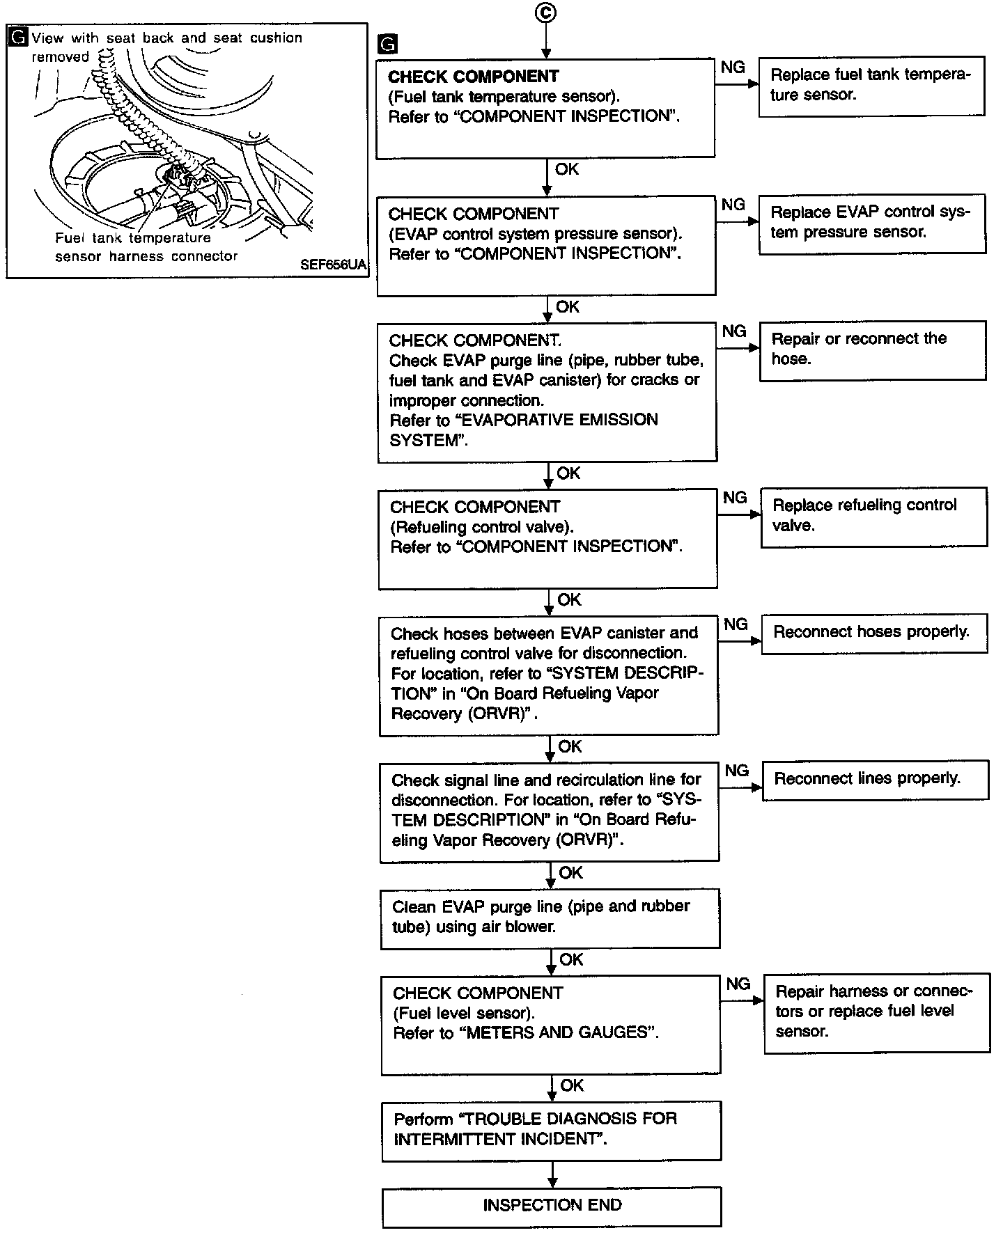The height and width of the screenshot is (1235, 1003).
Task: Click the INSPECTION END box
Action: coord(552,1206)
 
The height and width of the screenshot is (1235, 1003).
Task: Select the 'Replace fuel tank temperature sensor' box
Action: coord(871,86)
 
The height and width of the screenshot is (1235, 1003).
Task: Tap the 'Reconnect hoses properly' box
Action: coord(874,633)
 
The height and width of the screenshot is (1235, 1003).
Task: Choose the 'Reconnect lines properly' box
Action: coord(876,779)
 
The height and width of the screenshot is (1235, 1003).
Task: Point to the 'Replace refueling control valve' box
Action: coord(873,516)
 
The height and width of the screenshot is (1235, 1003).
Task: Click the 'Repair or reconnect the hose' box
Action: coord(872,349)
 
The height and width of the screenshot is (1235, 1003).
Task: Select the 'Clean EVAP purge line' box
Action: coord(550,918)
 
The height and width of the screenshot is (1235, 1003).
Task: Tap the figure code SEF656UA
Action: coord(333,265)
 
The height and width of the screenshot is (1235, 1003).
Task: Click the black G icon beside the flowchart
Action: coord(387,45)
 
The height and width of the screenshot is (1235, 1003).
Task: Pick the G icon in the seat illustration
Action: coord(20,38)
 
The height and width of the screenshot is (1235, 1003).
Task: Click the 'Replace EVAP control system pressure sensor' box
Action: coord(871,223)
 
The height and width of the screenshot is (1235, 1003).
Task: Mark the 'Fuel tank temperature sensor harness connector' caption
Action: coord(146,247)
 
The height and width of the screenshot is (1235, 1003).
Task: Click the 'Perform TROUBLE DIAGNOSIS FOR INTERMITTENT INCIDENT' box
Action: coord(551,1130)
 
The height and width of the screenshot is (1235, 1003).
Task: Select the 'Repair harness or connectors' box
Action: coord(876,1012)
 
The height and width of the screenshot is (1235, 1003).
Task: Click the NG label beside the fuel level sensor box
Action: coord(738,984)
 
